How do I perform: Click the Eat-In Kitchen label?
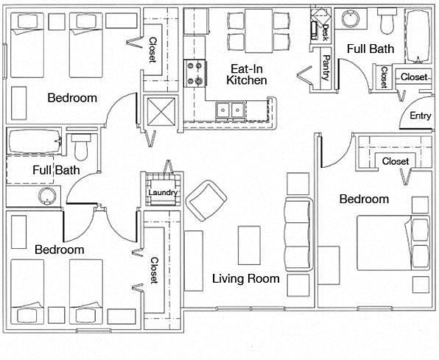[x=246, y=74]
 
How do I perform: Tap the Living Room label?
[x=246, y=278]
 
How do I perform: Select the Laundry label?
[x=163, y=193]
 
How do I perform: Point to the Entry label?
[x=420, y=116]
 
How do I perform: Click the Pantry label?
[x=326, y=68]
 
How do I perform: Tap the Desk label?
[x=326, y=32]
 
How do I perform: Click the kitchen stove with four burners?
[x=195, y=74]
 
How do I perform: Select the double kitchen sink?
[x=230, y=110]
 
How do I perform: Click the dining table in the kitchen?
[x=259, y=31]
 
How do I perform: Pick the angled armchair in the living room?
[x=207, y=200]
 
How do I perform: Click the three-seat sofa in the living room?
[x=298, y=234]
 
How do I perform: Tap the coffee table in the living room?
[x=249, y=245]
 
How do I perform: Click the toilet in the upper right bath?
[x=387, y=21]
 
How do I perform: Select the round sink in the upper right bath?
[x=351, y=18]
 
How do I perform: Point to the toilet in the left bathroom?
[x=81, y=147]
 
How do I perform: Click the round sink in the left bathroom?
[x=46, y=196]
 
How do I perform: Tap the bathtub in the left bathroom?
[x=34, y=141]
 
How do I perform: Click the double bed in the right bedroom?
[x=393, y=243]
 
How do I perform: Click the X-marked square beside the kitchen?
[x=161, y=111]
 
